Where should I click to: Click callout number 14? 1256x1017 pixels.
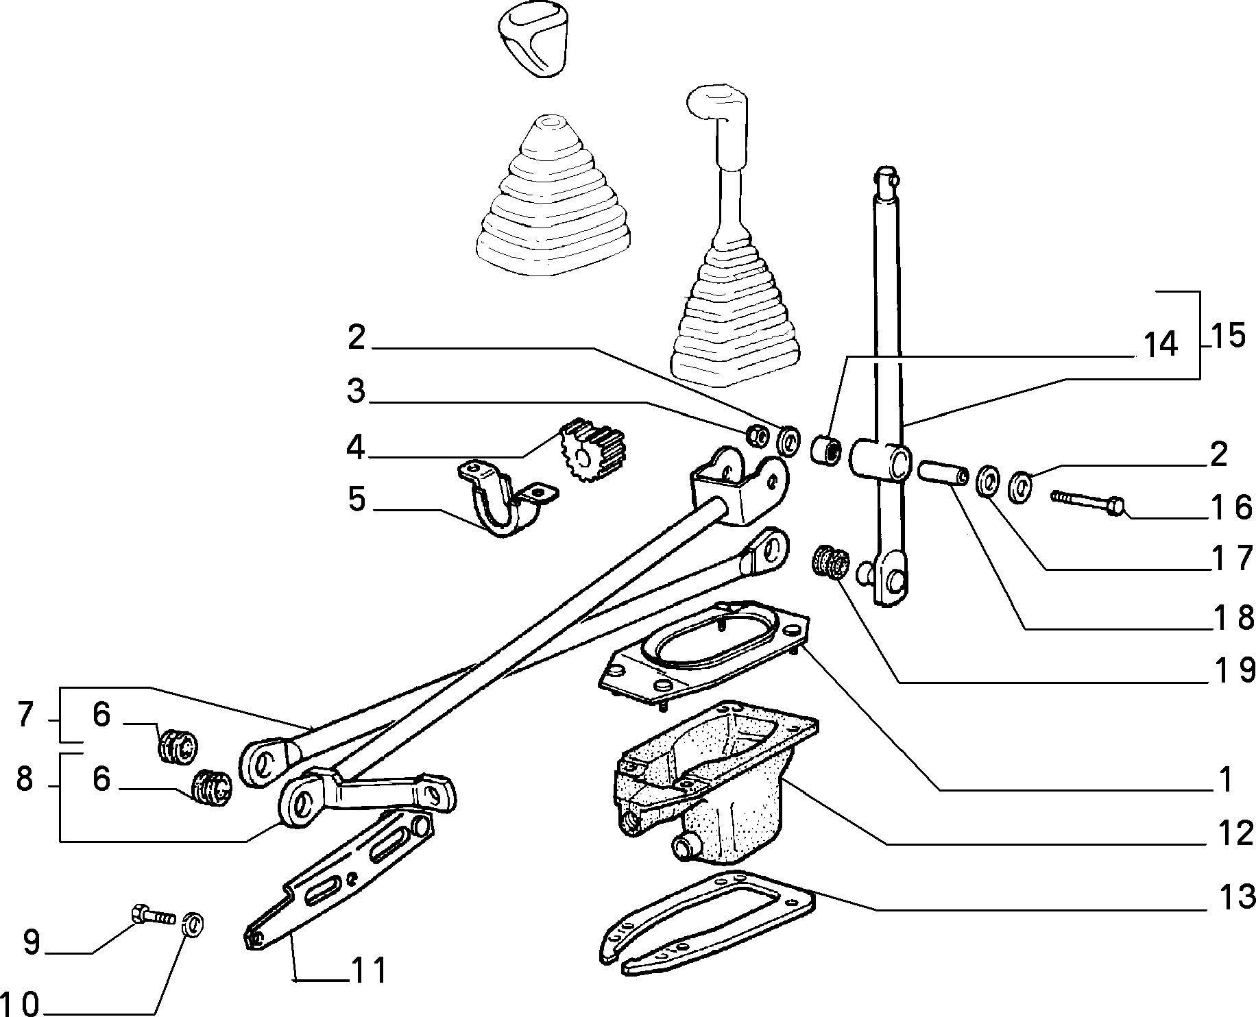(x=1158, y=345)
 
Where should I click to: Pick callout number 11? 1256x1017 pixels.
(x=368, y=970)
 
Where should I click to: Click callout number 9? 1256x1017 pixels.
(x=32, y=942)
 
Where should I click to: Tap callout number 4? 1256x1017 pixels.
(x=355, y=448)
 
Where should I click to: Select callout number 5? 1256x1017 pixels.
(x=357, y=500)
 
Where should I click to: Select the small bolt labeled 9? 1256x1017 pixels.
(x=153, y=914)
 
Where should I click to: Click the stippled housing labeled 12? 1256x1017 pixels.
(x=713, y=781)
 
